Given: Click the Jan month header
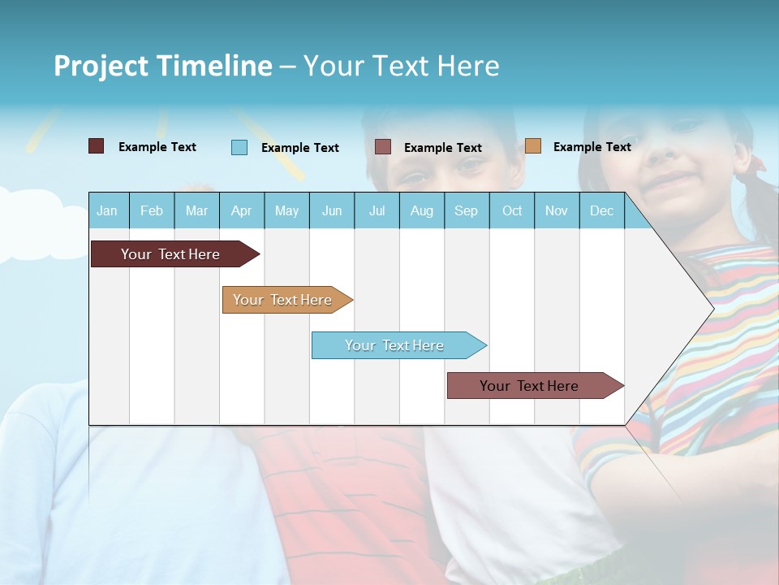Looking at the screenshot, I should [x=107, y=210].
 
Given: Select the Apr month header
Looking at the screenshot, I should [x=241, y=210].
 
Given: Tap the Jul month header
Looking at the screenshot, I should [x=377, y=210].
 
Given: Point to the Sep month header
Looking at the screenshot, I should [x=466, y=210].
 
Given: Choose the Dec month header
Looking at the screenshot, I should [x=601, y=210].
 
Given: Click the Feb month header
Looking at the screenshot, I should [x=152, y=210].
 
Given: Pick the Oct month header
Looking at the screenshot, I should [x=512, y=210].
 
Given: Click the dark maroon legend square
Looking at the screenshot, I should [x=97, y=146].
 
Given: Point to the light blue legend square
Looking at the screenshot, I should [x=239, y=147].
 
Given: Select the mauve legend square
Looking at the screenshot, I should [x=383, y=147].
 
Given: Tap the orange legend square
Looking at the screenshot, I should [x=533, y=146].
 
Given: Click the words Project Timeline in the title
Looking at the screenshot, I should [x=163, y=66].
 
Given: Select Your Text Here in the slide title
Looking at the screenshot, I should [x=401, y=66].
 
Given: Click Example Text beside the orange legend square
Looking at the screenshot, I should [x=592, y=147].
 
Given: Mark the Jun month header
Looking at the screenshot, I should [x=332, y=210].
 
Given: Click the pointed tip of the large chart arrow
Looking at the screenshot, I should [x=712, y=309].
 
